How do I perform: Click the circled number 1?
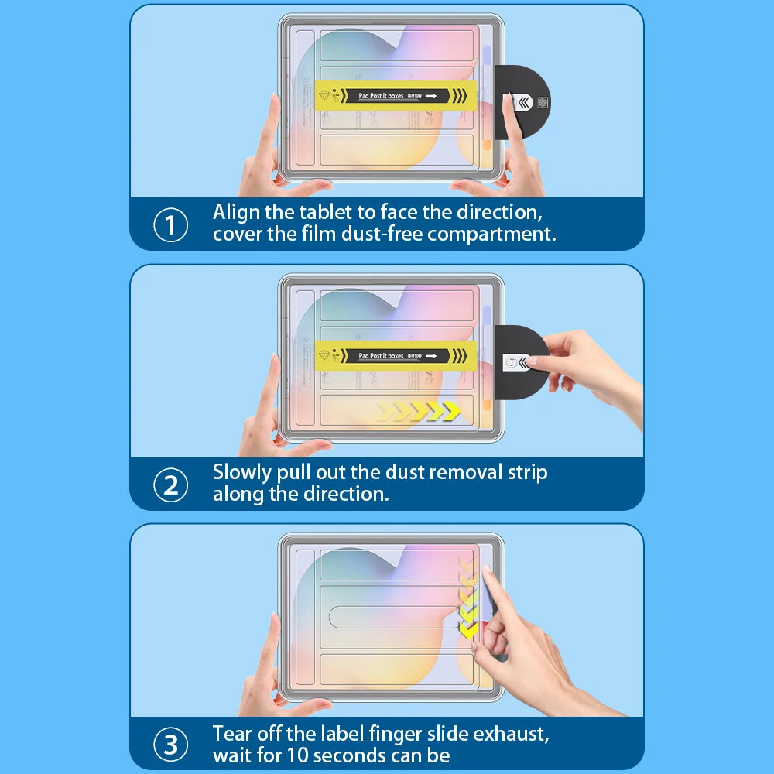171,225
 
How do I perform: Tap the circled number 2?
171,485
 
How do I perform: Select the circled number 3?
171,745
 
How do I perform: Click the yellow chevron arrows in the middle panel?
419,411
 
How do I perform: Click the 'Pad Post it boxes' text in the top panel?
381,96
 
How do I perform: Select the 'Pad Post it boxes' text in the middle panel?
381,356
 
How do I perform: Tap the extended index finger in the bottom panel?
490,588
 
